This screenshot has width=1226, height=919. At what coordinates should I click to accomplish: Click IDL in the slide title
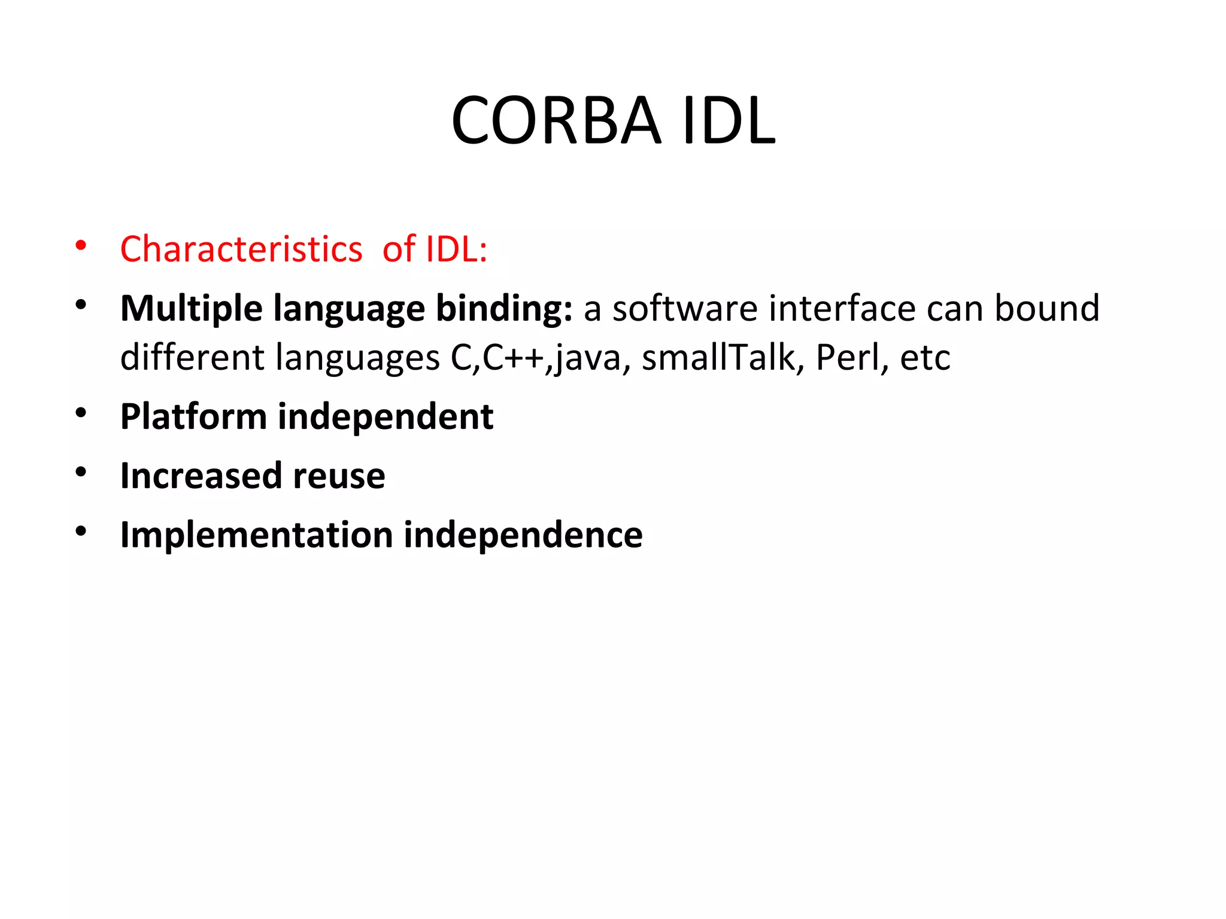point(729,121)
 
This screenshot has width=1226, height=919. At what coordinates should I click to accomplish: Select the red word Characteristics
point(241,249)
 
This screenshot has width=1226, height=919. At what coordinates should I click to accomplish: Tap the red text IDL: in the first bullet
point(456,249)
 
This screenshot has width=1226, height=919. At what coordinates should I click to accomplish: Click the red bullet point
point(81,246)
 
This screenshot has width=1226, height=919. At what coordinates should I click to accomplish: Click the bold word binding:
point(503,309)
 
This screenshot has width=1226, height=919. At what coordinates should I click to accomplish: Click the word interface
point(842,309)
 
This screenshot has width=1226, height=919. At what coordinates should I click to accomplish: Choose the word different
point(192,358)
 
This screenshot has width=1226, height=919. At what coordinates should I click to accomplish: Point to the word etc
point(925,358)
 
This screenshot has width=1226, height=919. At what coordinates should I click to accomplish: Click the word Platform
point(193,417)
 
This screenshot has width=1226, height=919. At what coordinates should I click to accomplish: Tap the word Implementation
point(257,535)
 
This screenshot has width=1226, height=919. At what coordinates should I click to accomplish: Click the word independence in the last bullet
point(523,535)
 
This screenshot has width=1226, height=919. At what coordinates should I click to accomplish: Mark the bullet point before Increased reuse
point(81,473)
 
